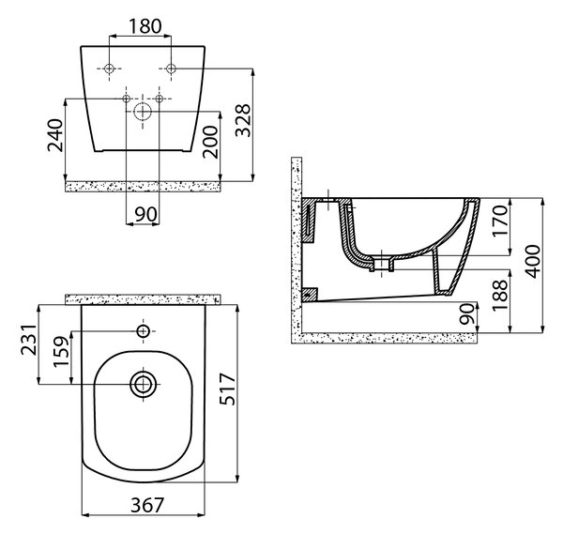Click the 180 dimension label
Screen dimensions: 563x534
tap(145, 26)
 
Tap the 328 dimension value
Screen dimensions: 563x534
tap(243, 120)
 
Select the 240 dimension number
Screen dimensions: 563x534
tap(55, 135)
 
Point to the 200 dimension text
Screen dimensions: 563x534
tap(210, 142)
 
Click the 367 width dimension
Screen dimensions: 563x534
tap(147, 505)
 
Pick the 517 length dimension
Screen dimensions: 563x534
tap(228, 389)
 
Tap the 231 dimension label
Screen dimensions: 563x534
tap(28, 340)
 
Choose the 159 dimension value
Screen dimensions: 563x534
tap(61, 351)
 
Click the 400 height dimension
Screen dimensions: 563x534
tap(532, 262)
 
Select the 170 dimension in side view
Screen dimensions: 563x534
tap(500, 221)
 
